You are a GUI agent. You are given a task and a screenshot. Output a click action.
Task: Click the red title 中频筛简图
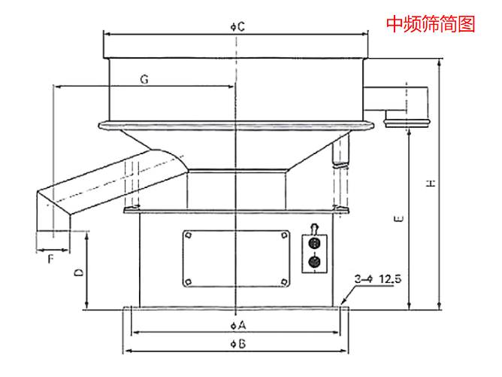431,24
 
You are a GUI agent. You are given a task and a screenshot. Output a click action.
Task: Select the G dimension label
144,78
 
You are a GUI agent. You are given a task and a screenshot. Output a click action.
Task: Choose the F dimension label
50,258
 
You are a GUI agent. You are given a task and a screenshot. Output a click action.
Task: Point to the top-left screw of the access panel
188,236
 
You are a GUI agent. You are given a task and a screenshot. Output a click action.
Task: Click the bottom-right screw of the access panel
283,281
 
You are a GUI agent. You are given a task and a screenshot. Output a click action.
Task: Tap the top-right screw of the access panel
283,236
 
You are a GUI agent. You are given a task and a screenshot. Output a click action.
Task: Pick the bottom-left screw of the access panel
188,281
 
